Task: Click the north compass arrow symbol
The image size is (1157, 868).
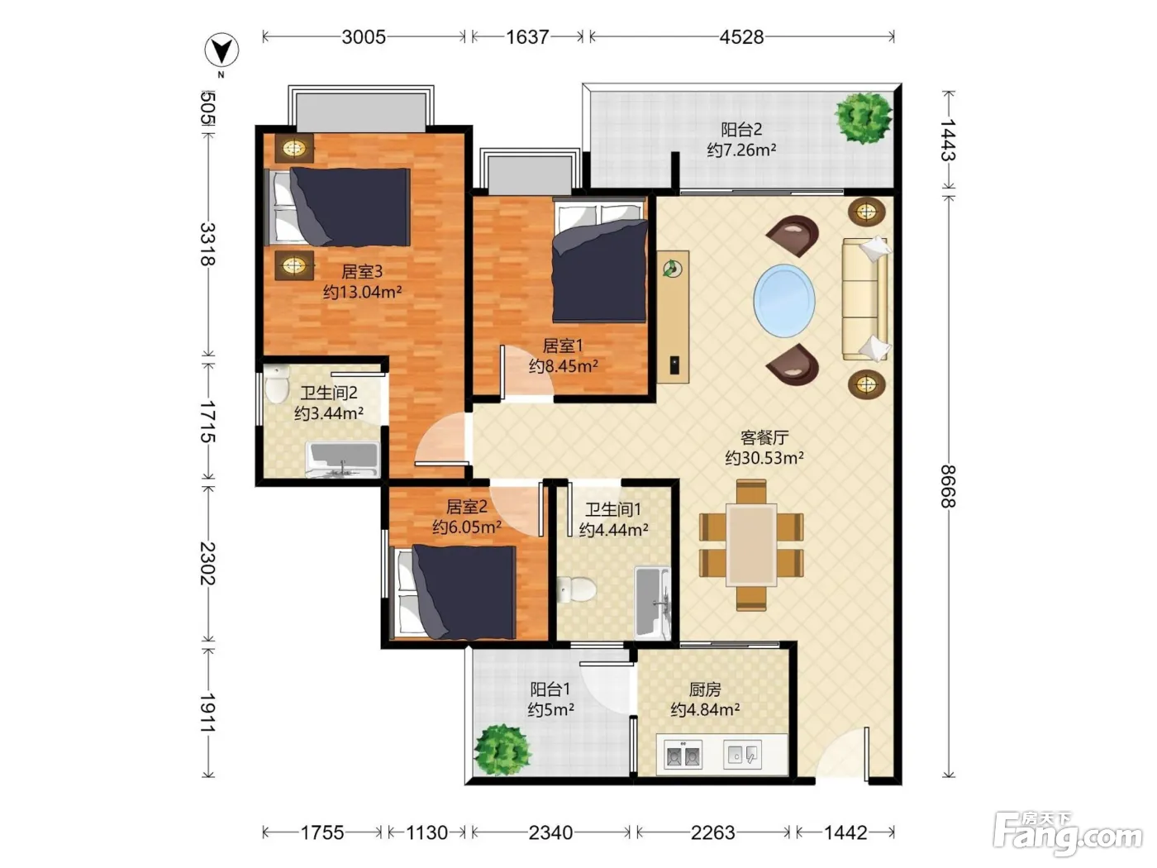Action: (221, 51)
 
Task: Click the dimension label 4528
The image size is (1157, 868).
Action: (741, 37)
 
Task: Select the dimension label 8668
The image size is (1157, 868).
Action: (948, 486)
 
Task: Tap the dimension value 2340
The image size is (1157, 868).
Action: (550, 832)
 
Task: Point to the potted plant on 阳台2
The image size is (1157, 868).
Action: (863, 117)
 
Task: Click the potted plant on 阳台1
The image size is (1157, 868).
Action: (502, 750)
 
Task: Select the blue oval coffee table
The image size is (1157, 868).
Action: (783, 300)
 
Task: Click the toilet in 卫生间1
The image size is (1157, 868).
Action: (576, 589)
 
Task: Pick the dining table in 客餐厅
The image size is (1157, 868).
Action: (751, 545)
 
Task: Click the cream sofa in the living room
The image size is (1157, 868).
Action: (865, 298)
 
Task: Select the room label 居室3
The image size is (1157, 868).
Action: (362, 271)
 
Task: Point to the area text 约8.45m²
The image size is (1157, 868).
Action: (563, 365)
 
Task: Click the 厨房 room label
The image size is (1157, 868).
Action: (705, 689)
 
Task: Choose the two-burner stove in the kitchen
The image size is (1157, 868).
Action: (683, 754)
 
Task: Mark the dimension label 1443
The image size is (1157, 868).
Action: (948, 140)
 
